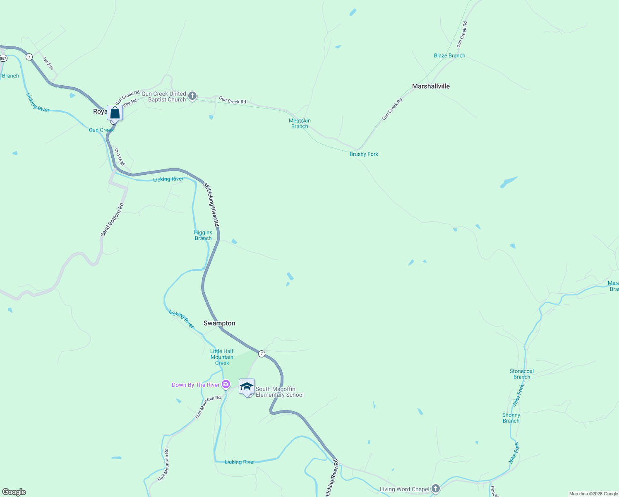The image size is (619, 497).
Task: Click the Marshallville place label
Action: point(431,86)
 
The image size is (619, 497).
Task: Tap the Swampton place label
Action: point(219,323)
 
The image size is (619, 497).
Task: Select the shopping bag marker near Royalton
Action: point(115,113)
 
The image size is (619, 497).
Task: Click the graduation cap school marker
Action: point(247,387)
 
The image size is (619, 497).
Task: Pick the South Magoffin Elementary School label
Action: point(279,392)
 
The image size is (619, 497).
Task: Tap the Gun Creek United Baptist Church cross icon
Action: point(192,97)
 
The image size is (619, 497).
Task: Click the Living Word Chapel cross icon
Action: point(435,489)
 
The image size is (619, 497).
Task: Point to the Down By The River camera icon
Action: point(226,385)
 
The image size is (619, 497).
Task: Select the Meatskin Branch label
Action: point(300,123)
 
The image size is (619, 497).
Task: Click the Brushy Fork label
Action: point(364,154)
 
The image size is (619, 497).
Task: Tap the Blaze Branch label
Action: point(449,55)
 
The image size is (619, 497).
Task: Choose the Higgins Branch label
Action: point(203,235)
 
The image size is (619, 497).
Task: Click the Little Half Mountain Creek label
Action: point(222,357)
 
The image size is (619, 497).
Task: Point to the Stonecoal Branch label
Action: point(521,374)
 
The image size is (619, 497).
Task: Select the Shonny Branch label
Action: point(511,418)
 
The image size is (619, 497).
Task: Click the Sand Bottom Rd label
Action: point(112,220)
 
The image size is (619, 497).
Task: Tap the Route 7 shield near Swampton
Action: point(262,354)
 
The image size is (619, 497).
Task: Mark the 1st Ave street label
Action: point(48,63)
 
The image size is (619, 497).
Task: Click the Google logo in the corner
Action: point(14,492)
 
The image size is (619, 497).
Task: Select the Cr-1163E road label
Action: point(119,157)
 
